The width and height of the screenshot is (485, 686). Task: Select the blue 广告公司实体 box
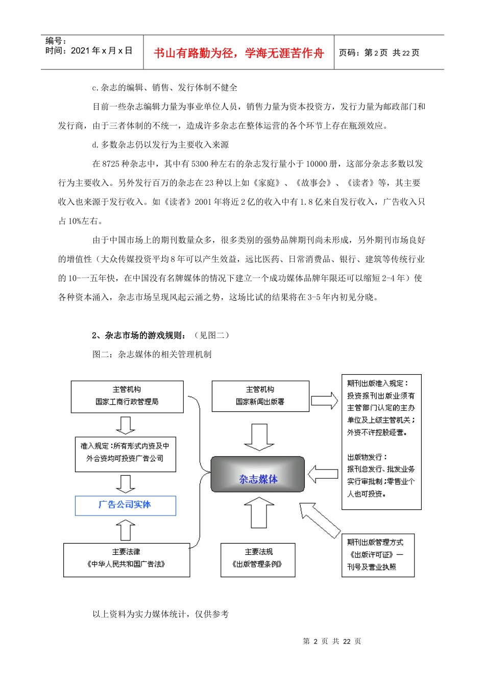click(x=125, y=505)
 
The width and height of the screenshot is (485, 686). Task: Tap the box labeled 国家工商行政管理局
click(x=127, y=396)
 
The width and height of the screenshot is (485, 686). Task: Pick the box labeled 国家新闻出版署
click(x=260, y=396)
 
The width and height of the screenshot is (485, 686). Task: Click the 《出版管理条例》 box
click(x=258, y=560)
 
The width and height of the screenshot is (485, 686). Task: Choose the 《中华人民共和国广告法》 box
click(x=126, y=560)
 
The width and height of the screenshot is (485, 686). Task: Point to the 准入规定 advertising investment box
click(x=125, y=453)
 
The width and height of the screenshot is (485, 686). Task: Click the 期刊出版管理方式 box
click(x=377, y=555)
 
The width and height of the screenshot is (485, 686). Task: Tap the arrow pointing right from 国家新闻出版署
click(x=324, y=400)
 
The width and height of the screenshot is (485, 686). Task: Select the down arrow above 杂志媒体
click(x=259, y=437)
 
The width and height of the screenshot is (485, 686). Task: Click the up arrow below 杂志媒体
click(x=259, y=513)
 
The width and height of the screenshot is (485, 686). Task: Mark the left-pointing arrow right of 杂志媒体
click(x=323, y=474)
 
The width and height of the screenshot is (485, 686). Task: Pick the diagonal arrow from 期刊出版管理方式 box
click(x=319, y=520)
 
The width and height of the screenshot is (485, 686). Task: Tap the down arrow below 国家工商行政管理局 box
click(x=126, y=425)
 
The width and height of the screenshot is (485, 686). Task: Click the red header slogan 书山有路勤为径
click(x=238, y=53)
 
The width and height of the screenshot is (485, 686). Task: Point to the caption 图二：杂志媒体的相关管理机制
click(x=152, y=354)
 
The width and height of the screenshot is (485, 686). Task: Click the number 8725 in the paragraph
click(x=111, y=164)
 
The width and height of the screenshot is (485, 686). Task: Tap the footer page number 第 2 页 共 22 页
click(x=332, y=641)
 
